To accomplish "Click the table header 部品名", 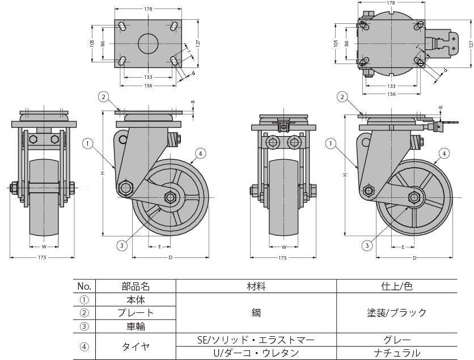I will coord(136,286).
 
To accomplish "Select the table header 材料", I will coord(256,286).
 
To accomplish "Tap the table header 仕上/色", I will coord(397,286).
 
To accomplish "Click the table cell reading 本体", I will coord(136,300).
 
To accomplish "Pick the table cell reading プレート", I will coord(136,313).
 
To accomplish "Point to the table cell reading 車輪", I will coord(136,327).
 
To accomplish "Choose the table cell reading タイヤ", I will coord(136,346).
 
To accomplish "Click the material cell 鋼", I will coord(256,313).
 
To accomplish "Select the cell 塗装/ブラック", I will coord(397,313).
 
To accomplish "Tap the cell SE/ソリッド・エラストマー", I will coord(256,340).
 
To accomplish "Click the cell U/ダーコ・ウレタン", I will coord(256,353).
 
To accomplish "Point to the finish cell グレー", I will coord(397,340).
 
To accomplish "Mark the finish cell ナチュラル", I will coord(397,353).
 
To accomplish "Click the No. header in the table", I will coord(84,286).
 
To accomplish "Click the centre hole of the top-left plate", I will coord(148,44).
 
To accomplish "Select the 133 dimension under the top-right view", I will coord(391,86).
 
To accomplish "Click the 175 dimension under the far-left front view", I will coord(42,258).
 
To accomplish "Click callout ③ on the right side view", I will coord(367,245).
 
